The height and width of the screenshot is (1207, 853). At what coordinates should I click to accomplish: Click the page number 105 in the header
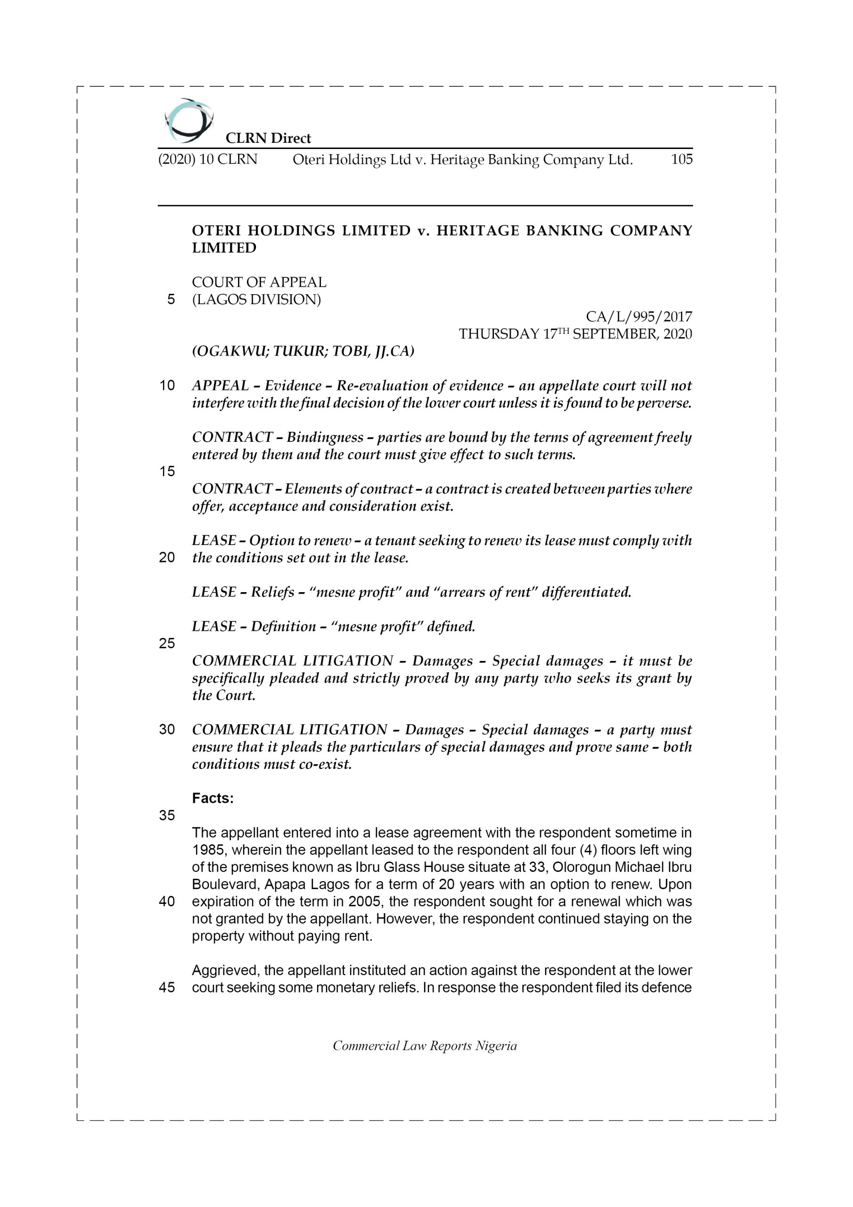pos(681,159)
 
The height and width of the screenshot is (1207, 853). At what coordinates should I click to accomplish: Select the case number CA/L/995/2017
pos(639,316)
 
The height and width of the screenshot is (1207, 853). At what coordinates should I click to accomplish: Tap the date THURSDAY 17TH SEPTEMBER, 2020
pos(575,334)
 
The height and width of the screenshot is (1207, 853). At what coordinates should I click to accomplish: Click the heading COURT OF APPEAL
pos(259,282)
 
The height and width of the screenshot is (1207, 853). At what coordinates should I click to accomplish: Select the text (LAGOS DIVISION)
pos(256,300)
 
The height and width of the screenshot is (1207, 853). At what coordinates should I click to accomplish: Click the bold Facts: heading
pos(213,798)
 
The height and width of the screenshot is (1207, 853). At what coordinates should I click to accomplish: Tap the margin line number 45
pos(167,987)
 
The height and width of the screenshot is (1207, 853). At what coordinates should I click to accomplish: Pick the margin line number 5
pos(171,300)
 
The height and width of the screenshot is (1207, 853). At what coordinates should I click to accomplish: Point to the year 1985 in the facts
pos(208,850)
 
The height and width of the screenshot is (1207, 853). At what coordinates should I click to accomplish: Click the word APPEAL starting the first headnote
pos(220,386)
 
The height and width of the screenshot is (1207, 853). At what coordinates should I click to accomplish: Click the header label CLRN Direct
pos(268,138)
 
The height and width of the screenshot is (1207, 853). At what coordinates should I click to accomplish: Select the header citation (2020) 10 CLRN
pos(208,159)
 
